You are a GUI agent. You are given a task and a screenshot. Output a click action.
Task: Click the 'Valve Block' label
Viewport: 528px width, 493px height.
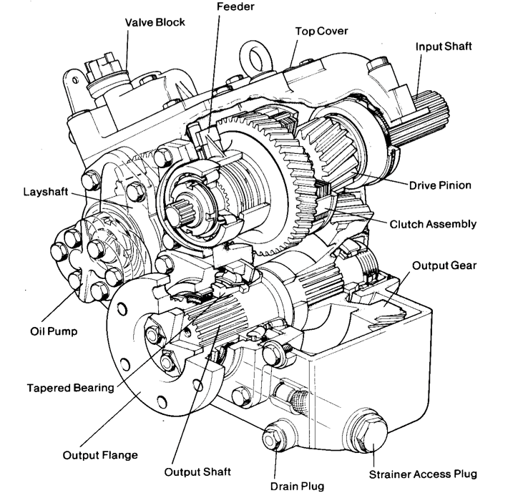(x=155, y=22)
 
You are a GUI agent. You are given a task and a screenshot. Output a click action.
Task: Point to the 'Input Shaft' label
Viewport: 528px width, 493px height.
(x=444, y=47)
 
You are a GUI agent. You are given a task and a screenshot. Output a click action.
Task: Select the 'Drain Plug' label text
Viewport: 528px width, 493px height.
(x=297, y=486)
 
